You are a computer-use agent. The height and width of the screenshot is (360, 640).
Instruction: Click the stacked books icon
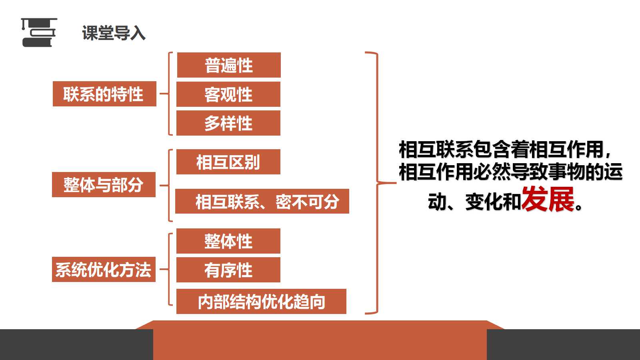39,32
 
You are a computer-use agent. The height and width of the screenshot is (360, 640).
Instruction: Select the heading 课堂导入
114,33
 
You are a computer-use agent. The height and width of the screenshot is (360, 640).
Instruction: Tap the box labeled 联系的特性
104,94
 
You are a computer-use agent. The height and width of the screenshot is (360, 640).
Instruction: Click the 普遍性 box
229,65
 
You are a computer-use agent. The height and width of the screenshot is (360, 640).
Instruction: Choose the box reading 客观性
228,94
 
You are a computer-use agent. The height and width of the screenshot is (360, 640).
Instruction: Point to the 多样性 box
228,123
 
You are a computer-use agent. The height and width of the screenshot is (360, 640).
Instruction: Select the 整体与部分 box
104,184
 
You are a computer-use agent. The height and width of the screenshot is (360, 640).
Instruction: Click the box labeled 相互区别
228,162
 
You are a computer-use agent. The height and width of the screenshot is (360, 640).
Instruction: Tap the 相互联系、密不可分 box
262,201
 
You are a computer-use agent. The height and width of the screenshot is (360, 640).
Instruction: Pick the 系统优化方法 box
104,270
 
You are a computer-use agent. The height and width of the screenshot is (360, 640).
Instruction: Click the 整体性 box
228,241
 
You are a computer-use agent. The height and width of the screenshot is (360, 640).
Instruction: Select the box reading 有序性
228,270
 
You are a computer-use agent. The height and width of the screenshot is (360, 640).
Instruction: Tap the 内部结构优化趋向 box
261,302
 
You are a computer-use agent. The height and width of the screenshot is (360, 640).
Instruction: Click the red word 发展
548,199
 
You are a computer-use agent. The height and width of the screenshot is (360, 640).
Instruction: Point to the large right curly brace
378,183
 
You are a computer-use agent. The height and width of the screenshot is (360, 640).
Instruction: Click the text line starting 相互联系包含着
504,149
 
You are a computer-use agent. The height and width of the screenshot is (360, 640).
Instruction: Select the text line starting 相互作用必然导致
510,172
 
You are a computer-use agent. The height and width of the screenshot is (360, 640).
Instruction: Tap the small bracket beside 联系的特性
168,94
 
